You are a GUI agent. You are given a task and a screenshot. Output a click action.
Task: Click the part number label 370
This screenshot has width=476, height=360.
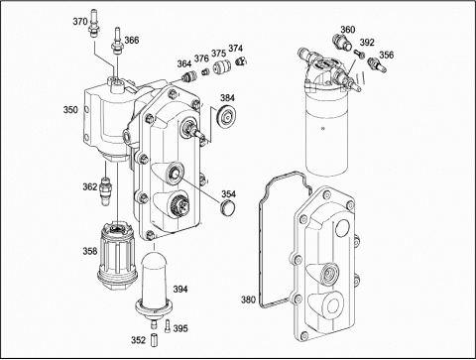[x=80, y=22]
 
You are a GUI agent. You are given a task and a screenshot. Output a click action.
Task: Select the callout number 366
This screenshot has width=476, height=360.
[x=132, y=41]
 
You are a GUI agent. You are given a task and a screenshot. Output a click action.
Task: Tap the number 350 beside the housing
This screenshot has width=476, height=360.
[x=70, y=110]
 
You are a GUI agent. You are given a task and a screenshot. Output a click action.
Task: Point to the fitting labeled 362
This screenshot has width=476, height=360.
[x=106, y=190]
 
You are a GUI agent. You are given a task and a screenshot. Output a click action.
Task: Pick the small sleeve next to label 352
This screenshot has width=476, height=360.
[x=154, y=340]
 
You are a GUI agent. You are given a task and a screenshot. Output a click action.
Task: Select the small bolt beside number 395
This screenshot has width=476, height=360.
[x=168, y=325]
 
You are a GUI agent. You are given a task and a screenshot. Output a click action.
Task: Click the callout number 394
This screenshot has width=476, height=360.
[x=180, y=290]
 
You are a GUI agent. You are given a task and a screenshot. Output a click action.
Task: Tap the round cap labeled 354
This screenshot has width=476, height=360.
[x=228, y=206]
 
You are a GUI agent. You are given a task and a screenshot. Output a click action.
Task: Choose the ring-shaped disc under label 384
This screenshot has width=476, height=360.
[x=227, y=116]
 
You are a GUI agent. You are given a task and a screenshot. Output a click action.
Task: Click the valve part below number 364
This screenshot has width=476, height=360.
[x=188, y=76]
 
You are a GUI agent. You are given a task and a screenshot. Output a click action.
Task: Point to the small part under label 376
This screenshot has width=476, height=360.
[x=205, y=71]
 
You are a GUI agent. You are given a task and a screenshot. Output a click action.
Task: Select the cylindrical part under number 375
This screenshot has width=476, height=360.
[x=220, y=67]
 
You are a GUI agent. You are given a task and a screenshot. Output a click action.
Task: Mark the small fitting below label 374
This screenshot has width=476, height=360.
[x=241, y=61]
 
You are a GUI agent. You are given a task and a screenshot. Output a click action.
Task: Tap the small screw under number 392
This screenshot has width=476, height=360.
[x=359, y=53]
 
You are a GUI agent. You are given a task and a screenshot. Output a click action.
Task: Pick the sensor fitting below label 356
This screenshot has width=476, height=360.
[x=377, y=63]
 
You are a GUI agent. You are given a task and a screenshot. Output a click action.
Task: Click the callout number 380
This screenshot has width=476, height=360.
[x=248, y=300]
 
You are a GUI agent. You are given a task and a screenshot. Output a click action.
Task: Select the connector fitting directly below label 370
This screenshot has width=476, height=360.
[x=93, y=24]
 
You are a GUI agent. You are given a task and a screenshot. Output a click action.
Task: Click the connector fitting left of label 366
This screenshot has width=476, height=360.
[x=117, y=41]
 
